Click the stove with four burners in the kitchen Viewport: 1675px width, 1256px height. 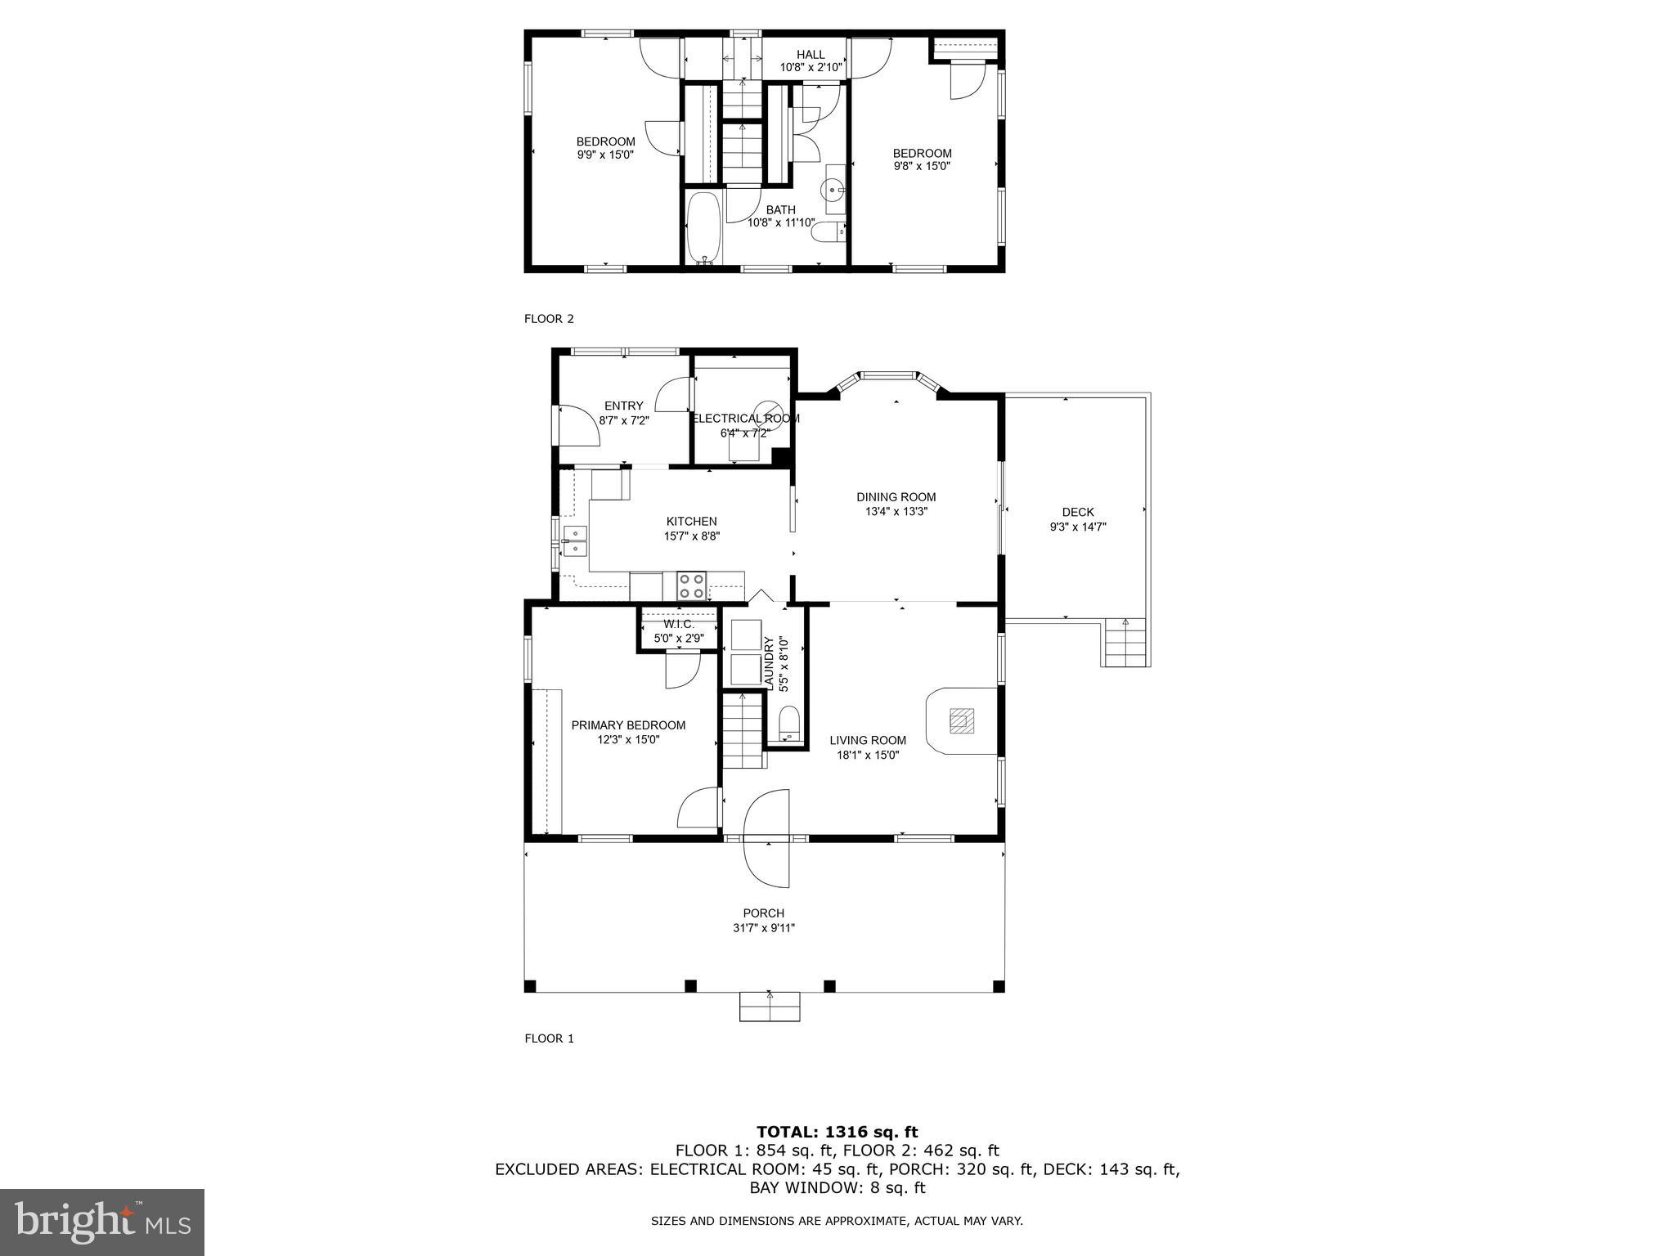coord(692,586)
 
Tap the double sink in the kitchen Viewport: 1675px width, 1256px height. coord(574,541)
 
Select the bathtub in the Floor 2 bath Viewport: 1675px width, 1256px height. coord(703,227)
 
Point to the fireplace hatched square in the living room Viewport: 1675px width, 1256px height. coord(960,720)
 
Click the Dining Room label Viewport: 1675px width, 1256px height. coord(896,497)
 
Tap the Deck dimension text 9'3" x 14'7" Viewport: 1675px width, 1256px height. coord(1078,527)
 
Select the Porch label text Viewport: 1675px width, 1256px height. coord(763,913)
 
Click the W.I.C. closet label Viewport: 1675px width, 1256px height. coord(678,625)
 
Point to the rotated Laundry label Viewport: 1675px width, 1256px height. coord(768,662)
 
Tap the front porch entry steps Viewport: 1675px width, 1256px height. coord(769,1007)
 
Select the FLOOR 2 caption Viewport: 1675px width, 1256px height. coord(549,319)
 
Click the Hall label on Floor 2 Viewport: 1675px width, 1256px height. coord(811,55)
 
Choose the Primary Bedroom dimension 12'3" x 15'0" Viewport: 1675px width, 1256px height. coord(628,740)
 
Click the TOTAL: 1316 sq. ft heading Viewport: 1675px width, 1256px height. coord(837,1133)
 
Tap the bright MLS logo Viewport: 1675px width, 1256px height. coord(102,1222)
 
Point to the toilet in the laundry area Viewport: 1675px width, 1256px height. coord(788,724)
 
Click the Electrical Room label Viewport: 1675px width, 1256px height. coord(745,419)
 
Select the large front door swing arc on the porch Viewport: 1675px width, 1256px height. coord(767,838)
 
